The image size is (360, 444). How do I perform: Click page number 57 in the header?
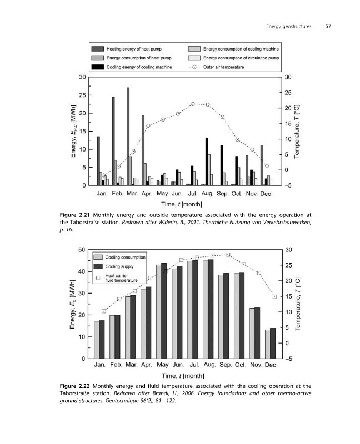[328, 26]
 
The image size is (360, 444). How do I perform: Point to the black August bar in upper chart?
[207, 162]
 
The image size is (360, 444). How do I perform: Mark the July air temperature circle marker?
[193, 104]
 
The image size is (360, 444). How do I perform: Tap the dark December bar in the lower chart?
[273, 343]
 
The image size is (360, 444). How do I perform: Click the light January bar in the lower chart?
[96, 340]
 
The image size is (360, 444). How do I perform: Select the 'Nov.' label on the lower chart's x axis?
[256, 365]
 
